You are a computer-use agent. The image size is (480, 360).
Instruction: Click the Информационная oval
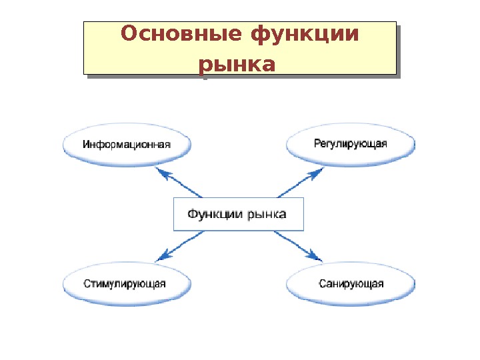click(127, 144)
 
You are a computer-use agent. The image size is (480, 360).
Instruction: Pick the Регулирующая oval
click(351, 144)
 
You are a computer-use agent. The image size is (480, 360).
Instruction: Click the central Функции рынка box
click(238, 214)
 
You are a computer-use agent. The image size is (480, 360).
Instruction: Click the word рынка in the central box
click(267, 215)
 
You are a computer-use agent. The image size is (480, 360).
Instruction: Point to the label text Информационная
click(127, 144)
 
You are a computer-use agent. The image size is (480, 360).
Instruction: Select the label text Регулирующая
click(351, 143)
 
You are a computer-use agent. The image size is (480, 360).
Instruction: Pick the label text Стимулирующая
click(125, 284)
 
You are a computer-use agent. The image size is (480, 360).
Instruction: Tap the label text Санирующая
click(351, 284)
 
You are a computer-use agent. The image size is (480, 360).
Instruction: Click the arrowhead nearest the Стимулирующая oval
click(161, 257)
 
